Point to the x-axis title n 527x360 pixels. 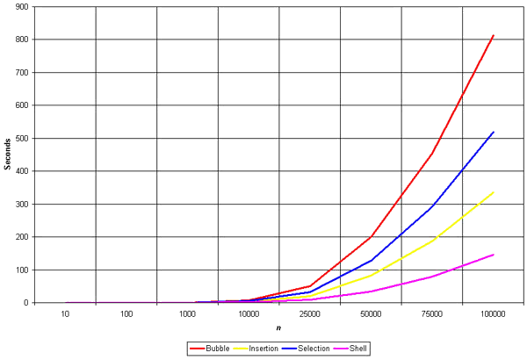click(x=279, y=328)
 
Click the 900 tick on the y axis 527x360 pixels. click(x=21, y=7)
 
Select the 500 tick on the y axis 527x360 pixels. click(x=21, y=139)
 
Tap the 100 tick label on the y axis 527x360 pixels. click(x=21, y=270)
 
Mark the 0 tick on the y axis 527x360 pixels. click(x=25, y=303)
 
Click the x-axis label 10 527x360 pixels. click(x=66, y=313)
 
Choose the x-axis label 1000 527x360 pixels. click(x=188, y=313)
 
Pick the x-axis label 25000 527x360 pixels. click(x=310, y=313)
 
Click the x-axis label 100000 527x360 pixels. click(x=494, y=313)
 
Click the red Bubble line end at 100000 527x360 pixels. click(x=494, y=35)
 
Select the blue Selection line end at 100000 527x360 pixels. click(x=494, y=132)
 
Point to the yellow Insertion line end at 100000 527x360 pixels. click(x=494, y=191)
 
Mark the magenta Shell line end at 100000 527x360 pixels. click(x=494, y=255)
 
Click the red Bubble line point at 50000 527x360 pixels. click(x=372, y=236)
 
